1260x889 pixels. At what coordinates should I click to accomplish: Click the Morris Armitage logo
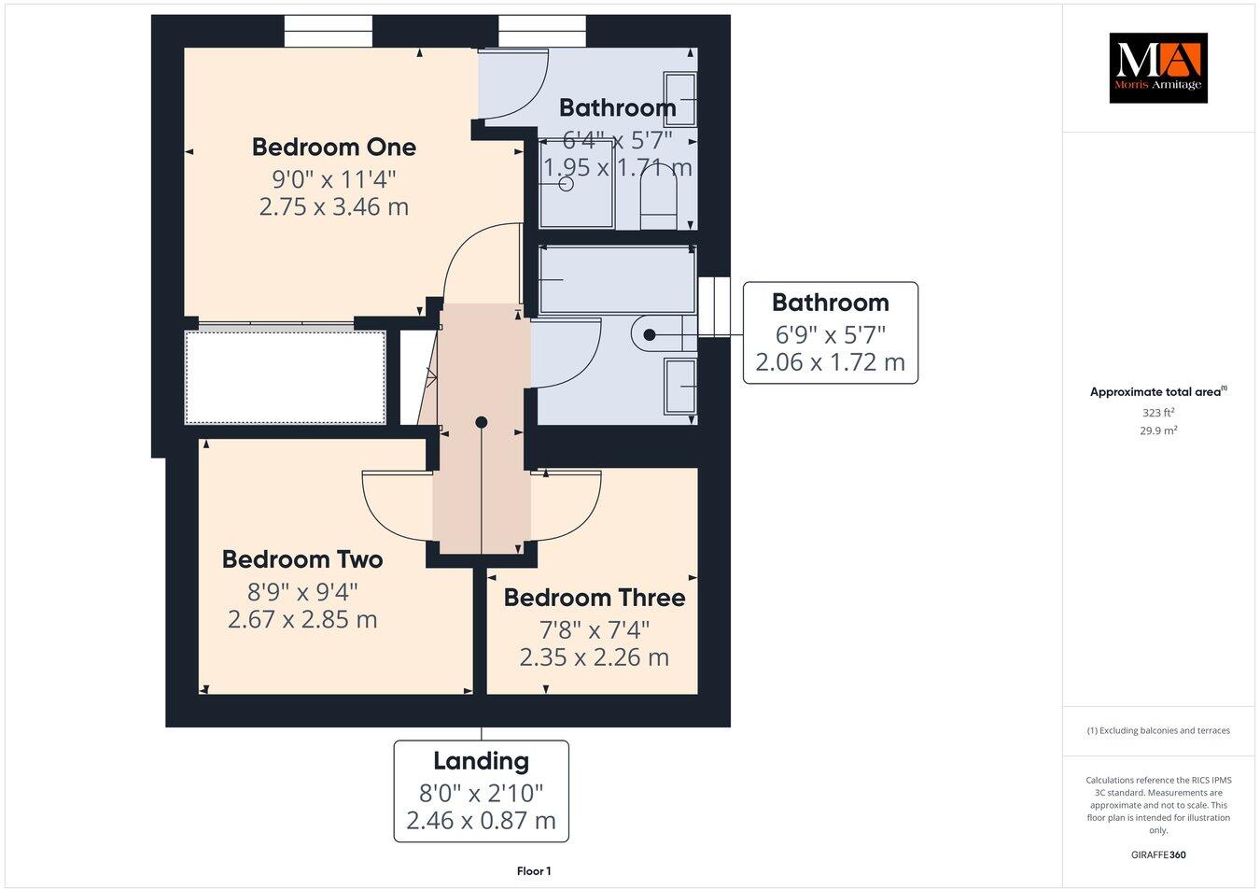[1157, 67]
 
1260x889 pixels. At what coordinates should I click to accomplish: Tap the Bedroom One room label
[334, 148]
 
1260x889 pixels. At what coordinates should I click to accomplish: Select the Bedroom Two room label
[302, 559]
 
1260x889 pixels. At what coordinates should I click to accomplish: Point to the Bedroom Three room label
[595, 598]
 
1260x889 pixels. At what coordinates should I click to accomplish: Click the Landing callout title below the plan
[481, 761]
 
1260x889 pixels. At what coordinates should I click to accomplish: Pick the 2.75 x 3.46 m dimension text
[334, 206]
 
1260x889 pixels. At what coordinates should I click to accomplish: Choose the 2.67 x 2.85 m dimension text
[302, 619]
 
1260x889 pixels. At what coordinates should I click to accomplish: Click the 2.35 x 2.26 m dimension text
[595, 657]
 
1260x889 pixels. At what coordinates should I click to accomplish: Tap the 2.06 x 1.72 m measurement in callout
[830, 362]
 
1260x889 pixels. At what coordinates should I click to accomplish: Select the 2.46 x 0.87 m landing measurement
[481, 821]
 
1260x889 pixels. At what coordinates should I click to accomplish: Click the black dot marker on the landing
[482, 422]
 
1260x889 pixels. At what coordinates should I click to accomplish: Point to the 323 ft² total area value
[1158, 412]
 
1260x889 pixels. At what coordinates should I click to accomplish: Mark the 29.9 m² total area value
[1158, 430]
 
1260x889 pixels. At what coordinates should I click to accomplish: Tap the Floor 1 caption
[534, 871]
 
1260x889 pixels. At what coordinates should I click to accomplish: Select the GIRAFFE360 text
[1158, 854]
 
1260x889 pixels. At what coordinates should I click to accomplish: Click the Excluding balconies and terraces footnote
[1158, 730]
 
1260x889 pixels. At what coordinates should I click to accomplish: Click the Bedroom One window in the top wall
[328, 31]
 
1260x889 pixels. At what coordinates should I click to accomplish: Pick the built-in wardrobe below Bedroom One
[286, 377]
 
